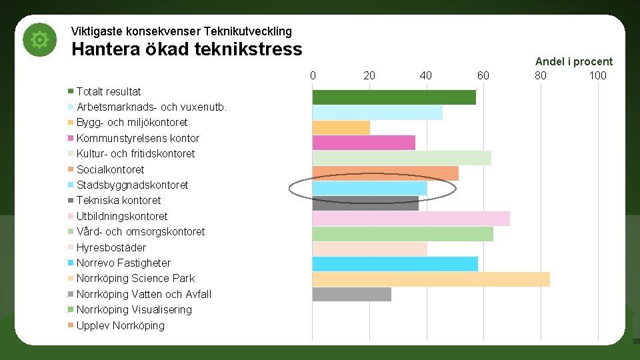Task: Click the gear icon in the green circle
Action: click(40, 41)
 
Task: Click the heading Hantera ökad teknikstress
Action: click(187, 49)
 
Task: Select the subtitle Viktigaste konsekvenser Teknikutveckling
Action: click(181, 31)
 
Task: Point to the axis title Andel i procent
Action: click(573, 61)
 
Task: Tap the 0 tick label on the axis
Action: click(313, 75)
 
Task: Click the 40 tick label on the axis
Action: click(426, 75)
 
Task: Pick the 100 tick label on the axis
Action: click(597, 75)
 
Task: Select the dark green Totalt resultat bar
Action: click(394, 97)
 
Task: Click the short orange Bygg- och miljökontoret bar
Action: click(341, 128)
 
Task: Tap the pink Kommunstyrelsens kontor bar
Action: click(363, 143)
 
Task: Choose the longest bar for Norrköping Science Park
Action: click(431, 279)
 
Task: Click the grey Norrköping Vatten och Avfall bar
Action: click(351, 294)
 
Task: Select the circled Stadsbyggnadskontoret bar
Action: click(369, 189)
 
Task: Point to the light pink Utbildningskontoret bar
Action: click(411, 219)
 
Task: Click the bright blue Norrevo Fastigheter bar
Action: click(395, 263)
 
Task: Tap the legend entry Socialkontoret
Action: click(110, 169)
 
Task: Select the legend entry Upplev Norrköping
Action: click(120, 325)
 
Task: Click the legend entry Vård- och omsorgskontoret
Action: click(140, 231)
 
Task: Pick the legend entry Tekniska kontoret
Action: click(118, 200)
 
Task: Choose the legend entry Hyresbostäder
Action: click(111, 247)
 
